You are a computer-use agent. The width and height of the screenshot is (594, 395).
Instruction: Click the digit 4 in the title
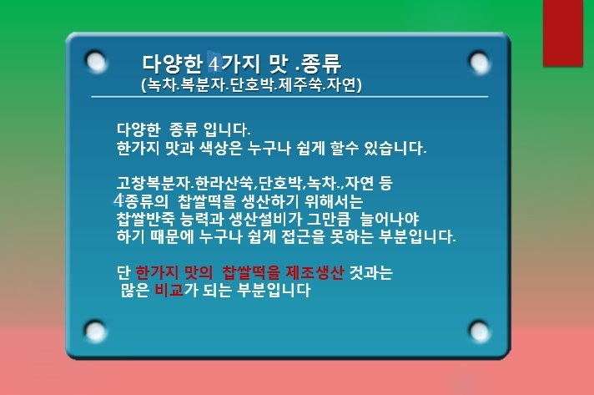[x=214, y=64]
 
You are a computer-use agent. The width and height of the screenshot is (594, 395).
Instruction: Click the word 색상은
[x=220, y=148]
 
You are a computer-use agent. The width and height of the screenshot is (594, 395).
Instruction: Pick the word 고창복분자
[x=153, y=184]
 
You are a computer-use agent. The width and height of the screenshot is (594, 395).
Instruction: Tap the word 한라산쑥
[x=224, y=184]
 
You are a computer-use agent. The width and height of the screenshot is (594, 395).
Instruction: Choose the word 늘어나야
[x=390, y=219]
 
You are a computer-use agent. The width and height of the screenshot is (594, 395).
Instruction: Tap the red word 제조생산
[x=315, y=272]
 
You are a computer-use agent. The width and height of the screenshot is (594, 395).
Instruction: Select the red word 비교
[x=169, y=291]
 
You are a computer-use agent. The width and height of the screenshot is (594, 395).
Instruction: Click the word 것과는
[x=370, y=272]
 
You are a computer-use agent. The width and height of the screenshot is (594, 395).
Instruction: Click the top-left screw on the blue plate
[x=95, y=61]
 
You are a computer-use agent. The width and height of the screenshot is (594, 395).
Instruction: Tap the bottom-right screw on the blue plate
[x=479, y=331]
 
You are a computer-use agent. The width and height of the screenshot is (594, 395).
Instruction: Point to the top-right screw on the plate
[x=479, y=61]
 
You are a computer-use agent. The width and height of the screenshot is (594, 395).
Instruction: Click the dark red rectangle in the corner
[x=563, y=33]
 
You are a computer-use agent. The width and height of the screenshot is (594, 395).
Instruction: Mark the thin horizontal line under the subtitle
[x=289, y=97]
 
